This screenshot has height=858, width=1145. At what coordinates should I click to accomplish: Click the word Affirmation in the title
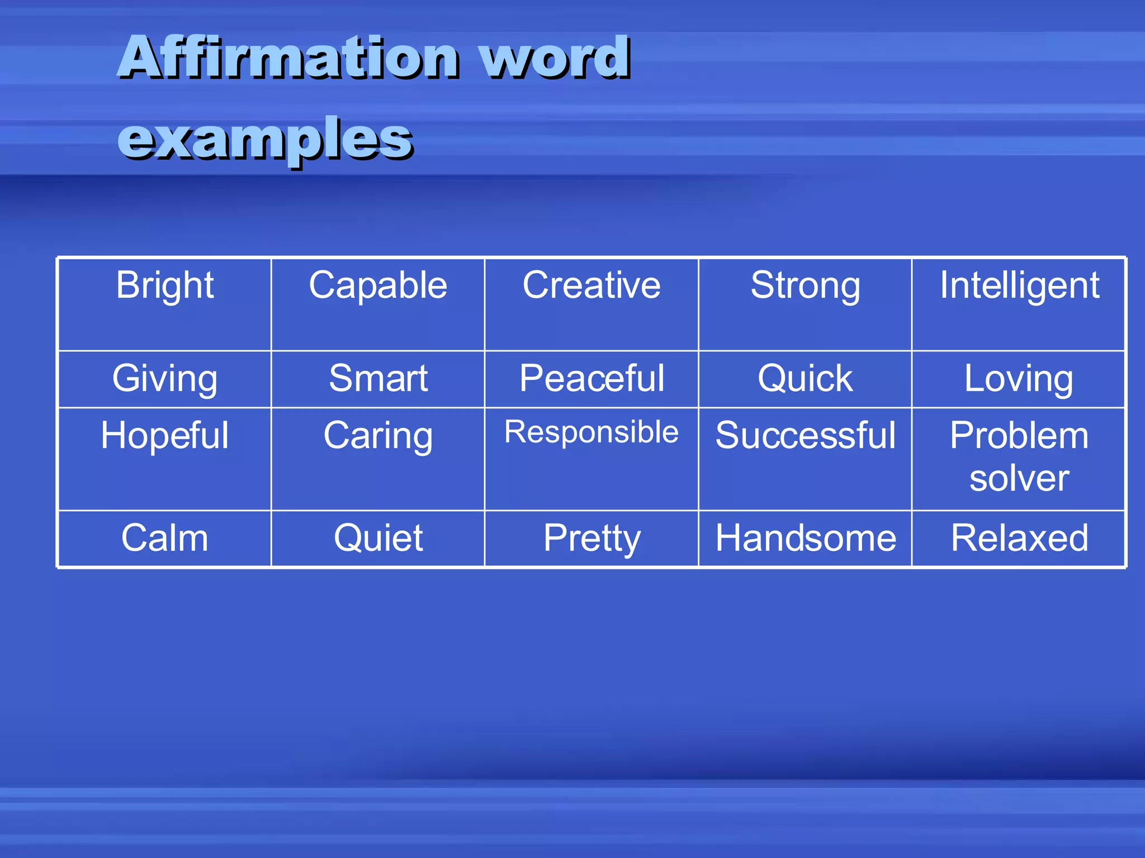click(288, 57)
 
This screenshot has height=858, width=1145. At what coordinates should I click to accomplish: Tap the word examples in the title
click(265, 139)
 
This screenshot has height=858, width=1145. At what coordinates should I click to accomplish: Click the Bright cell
click(164, 286)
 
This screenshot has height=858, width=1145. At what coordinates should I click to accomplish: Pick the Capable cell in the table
click(378, 286)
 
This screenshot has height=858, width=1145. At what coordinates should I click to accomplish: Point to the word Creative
click(592, 286)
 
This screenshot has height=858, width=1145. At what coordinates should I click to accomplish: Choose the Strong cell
click(805, 286)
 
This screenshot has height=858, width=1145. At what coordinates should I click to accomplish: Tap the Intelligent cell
click(1019, 286)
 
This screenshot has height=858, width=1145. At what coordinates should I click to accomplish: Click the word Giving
click(164, 379)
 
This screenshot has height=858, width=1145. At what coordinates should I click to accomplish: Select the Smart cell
click(378, 379)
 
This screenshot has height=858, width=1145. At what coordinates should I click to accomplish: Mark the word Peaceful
click(592, 379)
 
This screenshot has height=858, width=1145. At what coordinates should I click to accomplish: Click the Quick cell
click(805, 379)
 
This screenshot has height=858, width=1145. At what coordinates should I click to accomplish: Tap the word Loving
click(1019, 379)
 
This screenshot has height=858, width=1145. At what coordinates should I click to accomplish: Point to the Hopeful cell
click(164, 436)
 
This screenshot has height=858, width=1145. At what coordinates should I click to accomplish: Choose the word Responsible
click(592, 432)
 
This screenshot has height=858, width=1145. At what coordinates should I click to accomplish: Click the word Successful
click(805, 436)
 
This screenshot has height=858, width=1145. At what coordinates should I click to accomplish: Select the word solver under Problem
click(1019, 479)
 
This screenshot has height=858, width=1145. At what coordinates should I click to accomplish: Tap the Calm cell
click(164, 538)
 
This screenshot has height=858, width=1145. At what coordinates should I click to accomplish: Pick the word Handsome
click(805, 538)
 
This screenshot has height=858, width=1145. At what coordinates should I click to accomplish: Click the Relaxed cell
click(1019, 538)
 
